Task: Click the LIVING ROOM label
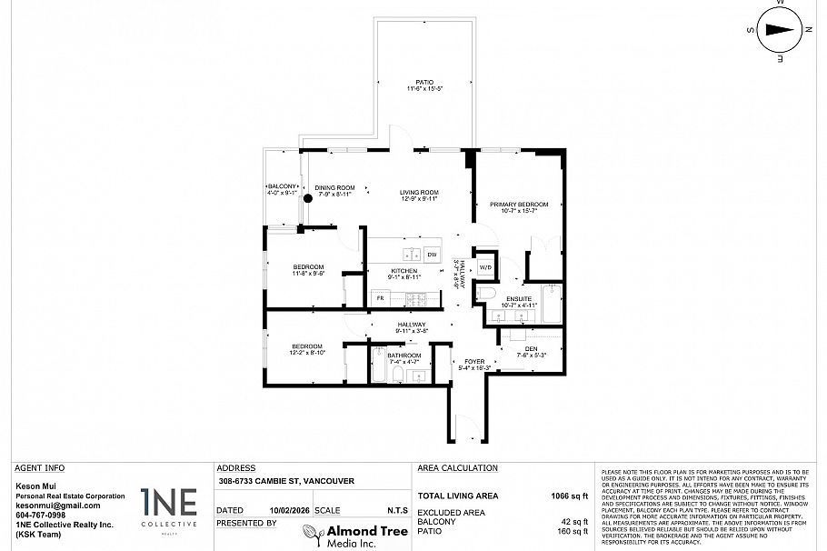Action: pos(421,192)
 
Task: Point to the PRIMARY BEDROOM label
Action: pos(519,205)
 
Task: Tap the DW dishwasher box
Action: pos(432,255)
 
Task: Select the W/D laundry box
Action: pos(485,266)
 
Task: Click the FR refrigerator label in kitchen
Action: pos(380,297)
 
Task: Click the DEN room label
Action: pos(530,349)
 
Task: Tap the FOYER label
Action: pos(475,361)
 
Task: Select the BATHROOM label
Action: pos(404,356)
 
